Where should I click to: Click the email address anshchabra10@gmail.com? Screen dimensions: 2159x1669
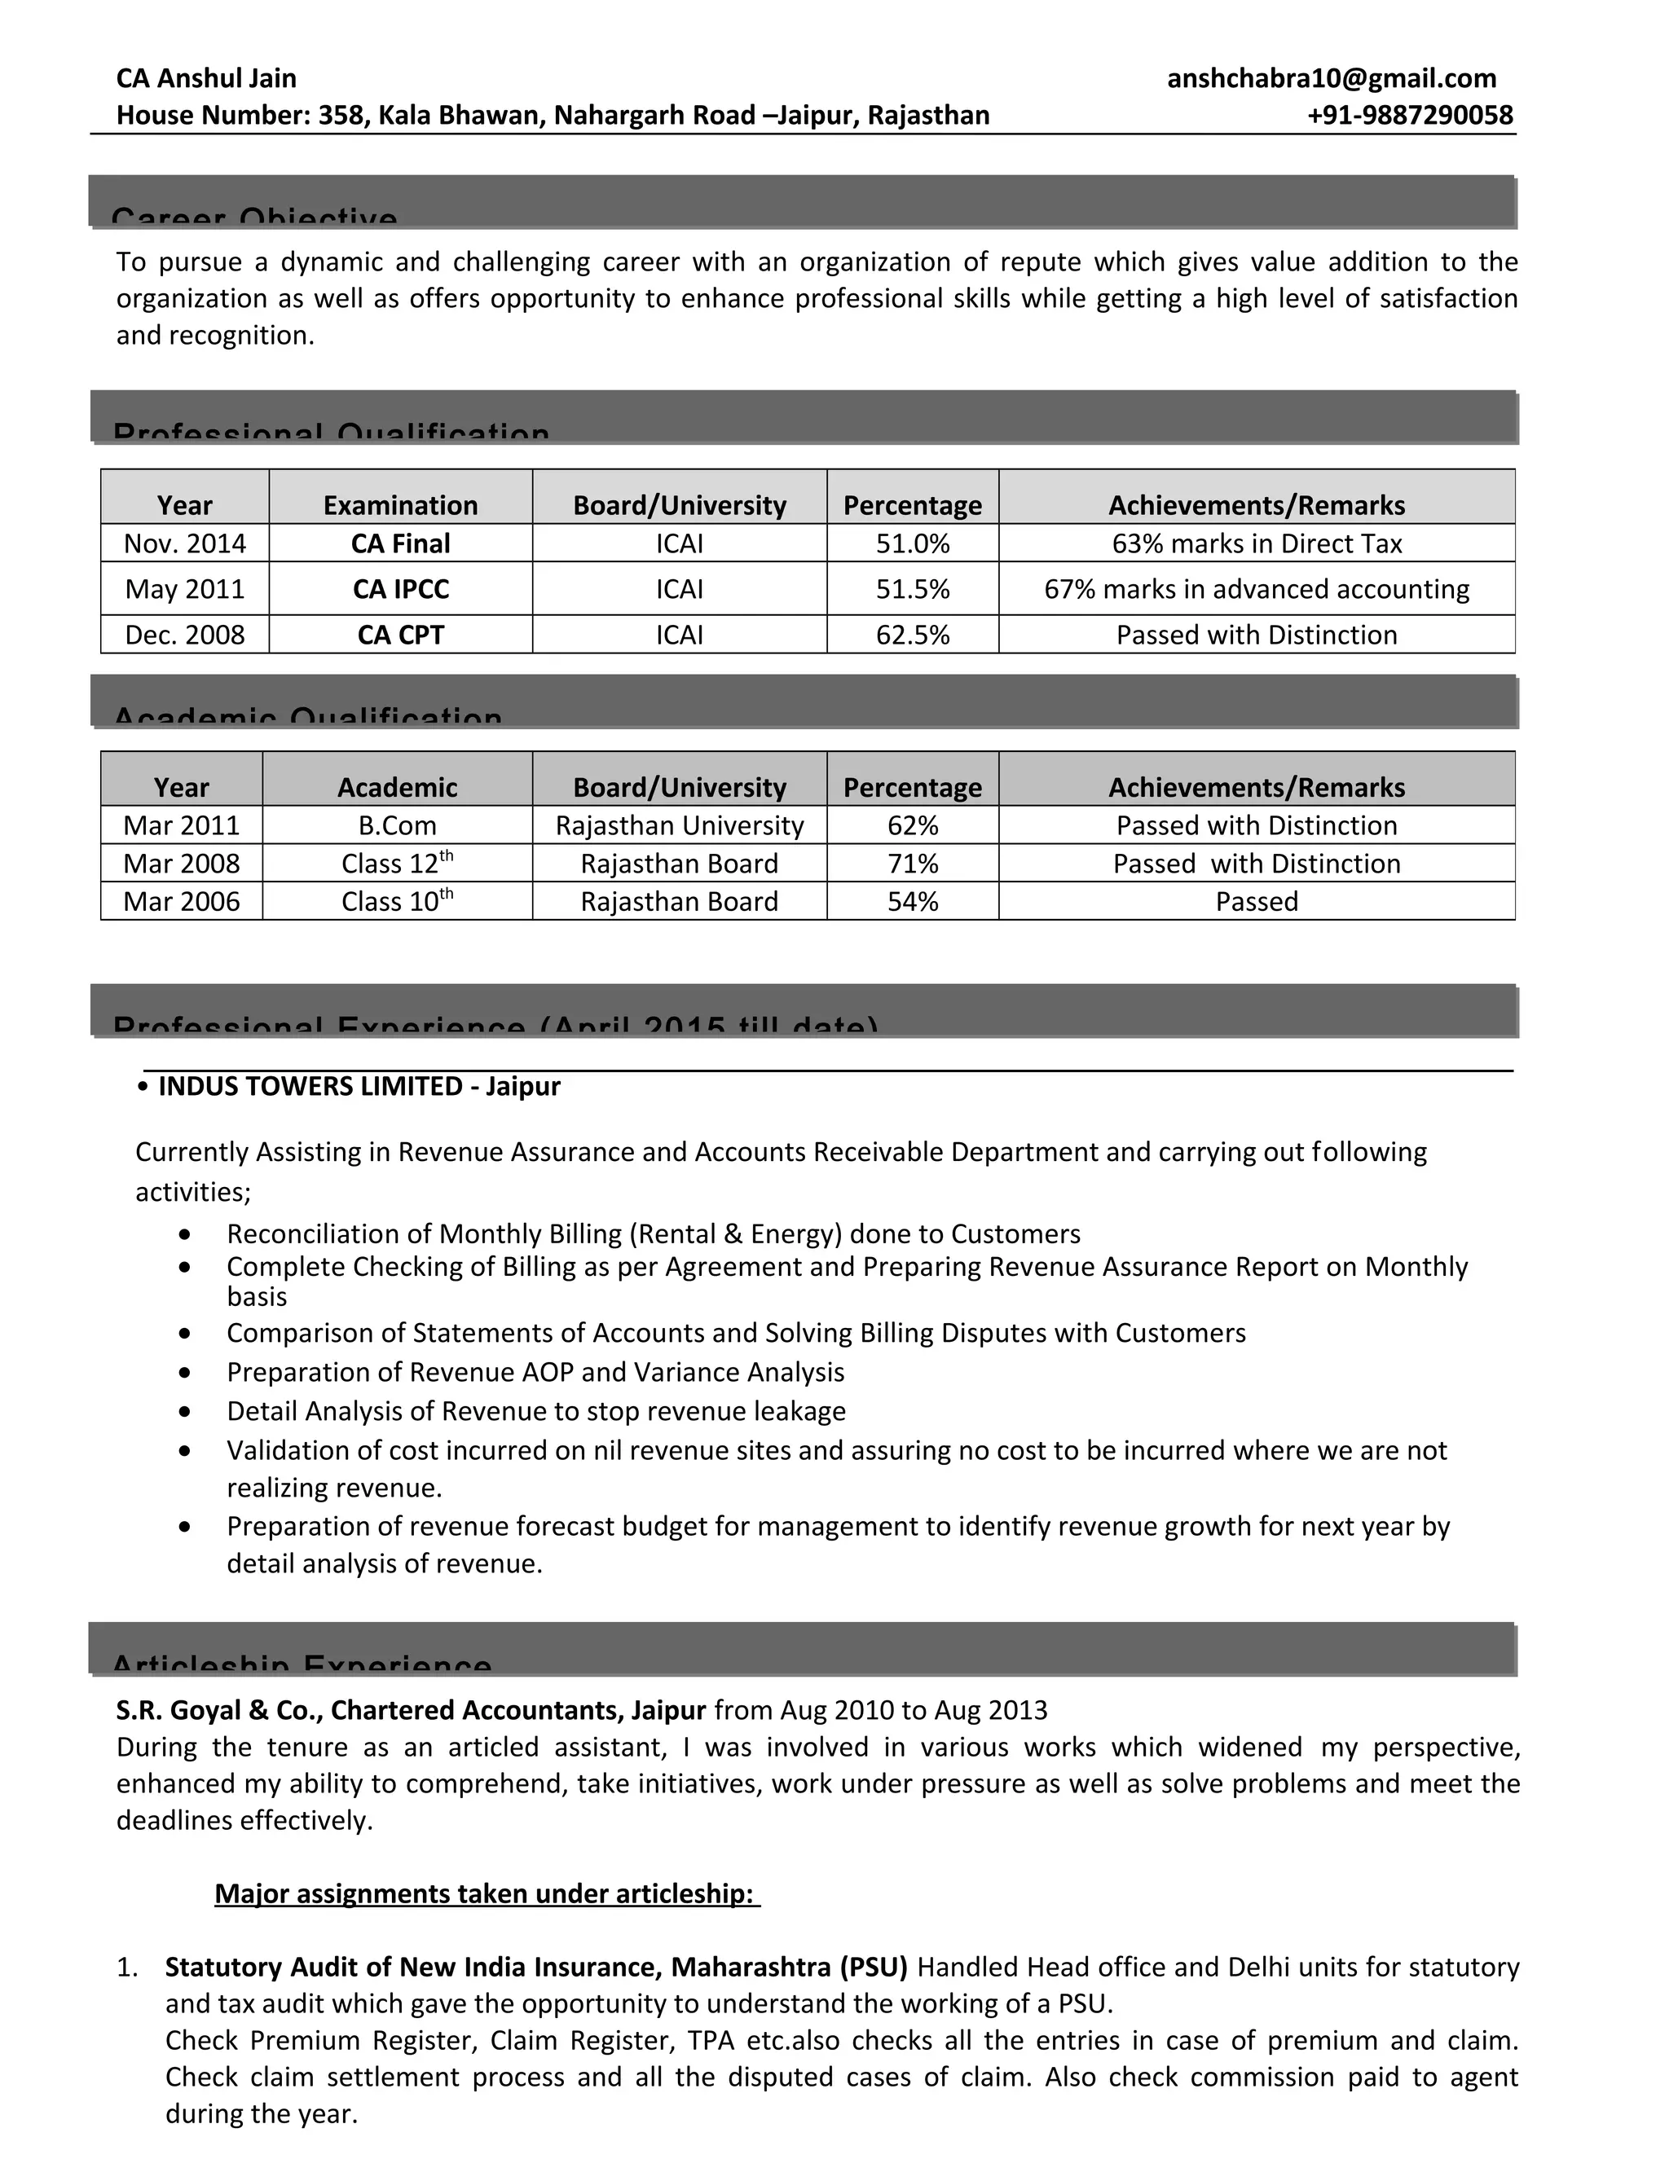click(1331, 78)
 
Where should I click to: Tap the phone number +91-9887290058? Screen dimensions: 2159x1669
click(1409, 115)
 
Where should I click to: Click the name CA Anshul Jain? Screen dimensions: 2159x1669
click(205, 78)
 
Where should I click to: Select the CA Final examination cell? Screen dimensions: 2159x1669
click(400, 543)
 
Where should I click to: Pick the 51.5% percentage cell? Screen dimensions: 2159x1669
click(912, 589)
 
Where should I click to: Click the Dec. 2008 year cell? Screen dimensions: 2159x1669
click(184, 635)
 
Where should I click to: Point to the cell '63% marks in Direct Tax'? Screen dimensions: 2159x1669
click(1256, 543)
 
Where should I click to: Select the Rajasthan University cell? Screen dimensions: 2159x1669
click(680, 825)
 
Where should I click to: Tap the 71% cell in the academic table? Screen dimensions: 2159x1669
click(912, 864)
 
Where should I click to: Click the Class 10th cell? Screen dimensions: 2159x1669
click(397, 902)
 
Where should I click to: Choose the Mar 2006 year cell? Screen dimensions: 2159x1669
click(181, 902)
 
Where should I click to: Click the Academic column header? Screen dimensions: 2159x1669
click(397, 788)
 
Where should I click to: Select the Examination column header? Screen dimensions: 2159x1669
click(400, 505)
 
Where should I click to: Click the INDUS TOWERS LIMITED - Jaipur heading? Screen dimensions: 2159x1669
click(359, 1086)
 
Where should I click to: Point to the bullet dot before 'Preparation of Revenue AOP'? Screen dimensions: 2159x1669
click(185, 1373)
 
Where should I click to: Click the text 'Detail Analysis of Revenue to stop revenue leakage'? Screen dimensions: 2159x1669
click(536, 1412)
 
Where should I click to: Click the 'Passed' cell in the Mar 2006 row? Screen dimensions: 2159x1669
click(1256, 902)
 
